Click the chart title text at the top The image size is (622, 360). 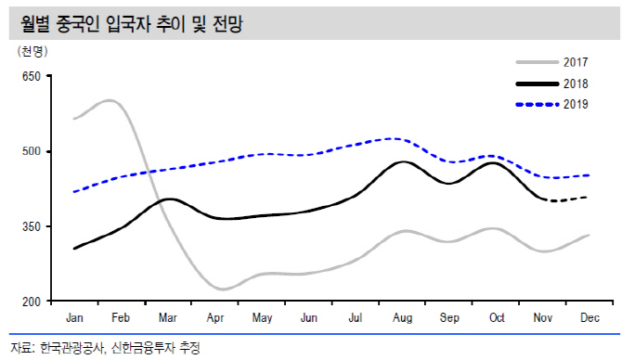click(x=131, y=24)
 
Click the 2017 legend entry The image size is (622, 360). click(x=551, y=62)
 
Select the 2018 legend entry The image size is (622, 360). click(x=551, y=84)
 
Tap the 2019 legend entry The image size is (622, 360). click(x=551, y=104)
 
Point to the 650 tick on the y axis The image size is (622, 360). click(x=32, y=76)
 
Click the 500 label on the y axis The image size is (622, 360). click(x=32, y=151)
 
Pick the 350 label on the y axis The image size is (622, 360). click(x=32, y=226)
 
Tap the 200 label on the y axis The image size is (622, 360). click(x=32, y=302)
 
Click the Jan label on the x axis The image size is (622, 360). click(x=74, y=317)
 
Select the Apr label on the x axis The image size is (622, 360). click(x=215, y=318)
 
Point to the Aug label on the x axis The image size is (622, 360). click(x=402, y=318)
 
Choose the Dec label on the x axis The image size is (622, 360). click(x=590, y=317)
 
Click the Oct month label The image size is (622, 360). click(x=497, y=317)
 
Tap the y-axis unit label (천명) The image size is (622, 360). click(x=32, y=52)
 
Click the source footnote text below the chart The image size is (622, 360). click(x=105, y=348)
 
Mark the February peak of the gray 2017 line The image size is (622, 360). click(x=110, y=100)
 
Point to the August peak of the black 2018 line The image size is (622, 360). click(x=403, y=161)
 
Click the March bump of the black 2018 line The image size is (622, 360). click(x=169, y=199)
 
